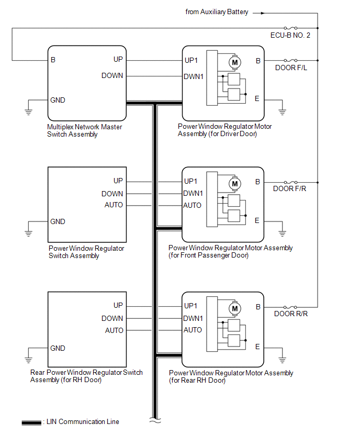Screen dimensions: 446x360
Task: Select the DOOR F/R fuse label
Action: click(x=290, y=189)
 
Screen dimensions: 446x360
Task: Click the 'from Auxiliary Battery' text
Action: click(x=217, y=12)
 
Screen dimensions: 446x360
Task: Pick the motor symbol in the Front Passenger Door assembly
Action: click(x=234, y=184)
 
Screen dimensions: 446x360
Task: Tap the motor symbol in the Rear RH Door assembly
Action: click(x=235, y=309)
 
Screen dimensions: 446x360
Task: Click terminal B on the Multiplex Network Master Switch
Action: click(x=53, y=60)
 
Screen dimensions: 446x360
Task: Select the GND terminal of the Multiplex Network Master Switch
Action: click(x=58, y=100)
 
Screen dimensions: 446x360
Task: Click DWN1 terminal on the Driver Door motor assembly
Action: click(x=193, y=76)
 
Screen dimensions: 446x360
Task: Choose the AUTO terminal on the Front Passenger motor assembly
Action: click(x=192, y=205)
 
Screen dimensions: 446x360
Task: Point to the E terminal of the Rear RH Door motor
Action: click(x=257, y=347)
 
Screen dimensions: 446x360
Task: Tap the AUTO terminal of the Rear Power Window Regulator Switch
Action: click(x=114, y=330)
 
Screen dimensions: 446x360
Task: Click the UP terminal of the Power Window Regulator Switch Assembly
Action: click(x=118, y=181)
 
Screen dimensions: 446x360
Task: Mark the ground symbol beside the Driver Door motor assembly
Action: click(x=282, y=111)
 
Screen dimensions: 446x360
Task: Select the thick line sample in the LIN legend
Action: click(x=31, y=422)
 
